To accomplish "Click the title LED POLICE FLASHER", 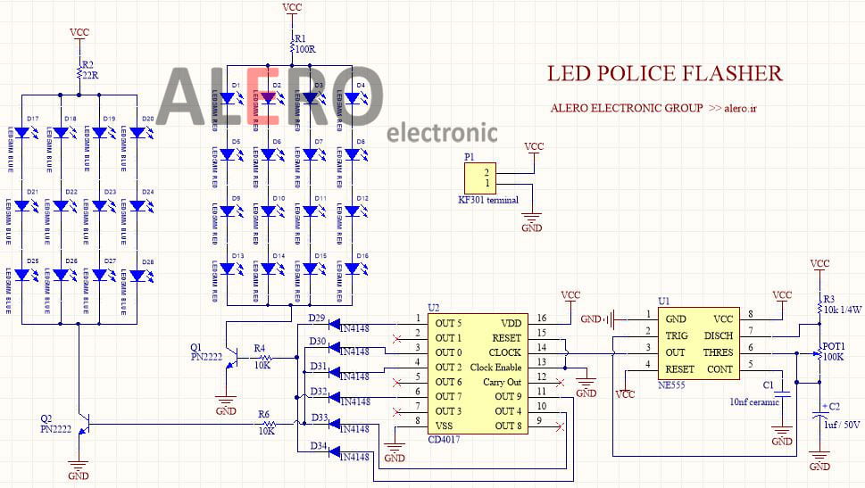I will pyautogui.click(x=664, y=74).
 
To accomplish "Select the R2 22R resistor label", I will pyautogui.click(x=88, y=70).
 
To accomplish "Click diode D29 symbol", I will pyautogui.click(x=335, y=325).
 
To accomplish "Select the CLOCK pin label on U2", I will pyautogui.click(x=504, y=353).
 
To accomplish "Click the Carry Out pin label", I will pyautogui.click(x=503, y=382).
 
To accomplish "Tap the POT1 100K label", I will pyautogui.click(x=835, y=351).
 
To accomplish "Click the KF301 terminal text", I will pyautogui.click(x=488, y=200).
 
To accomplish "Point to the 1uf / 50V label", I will pyautogui.click(x=841, y=425).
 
